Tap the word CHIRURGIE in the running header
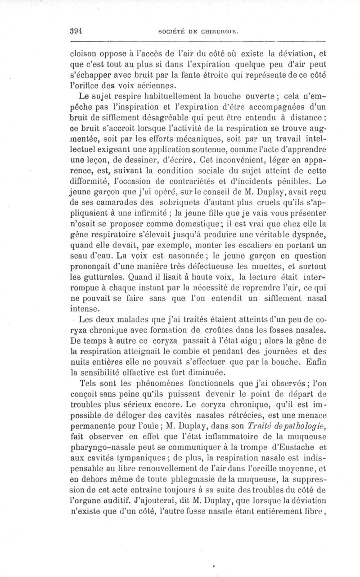point(218,32)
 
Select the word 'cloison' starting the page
point(84,51)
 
